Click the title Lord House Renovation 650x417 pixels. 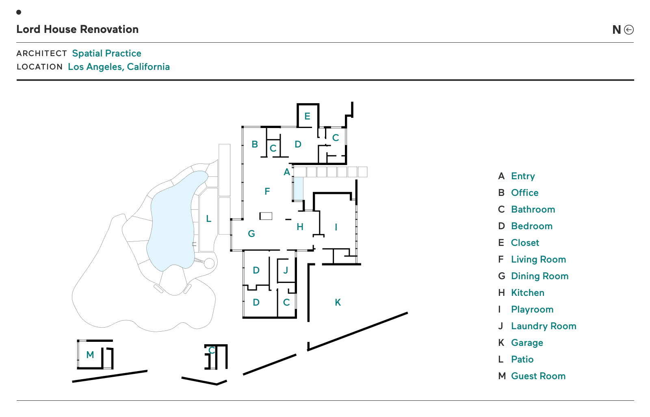click(77, 29)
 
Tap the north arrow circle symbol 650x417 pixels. click(628, 30)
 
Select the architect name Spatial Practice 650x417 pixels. click(106, 53)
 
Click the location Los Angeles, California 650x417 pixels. click(119, 67)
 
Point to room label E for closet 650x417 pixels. click(307, 116)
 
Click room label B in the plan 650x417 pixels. click(255, 144)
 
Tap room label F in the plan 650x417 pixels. click(267, 191)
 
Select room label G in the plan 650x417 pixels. click(251, 234)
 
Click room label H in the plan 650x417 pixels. click(300, 227)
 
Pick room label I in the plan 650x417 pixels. click(336, 227)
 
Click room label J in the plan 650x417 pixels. click(286, 270)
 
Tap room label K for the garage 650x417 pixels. click(338, 302)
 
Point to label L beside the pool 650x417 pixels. click(208, 219)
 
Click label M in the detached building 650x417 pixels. click(90, 355)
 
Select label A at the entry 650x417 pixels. click(287, 172)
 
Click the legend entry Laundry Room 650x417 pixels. click(543, 326)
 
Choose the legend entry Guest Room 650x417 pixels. click(538, 376)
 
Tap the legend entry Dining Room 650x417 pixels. click(539, 276)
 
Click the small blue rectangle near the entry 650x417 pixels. click(298, 189)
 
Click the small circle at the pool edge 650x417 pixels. click(209, 263)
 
